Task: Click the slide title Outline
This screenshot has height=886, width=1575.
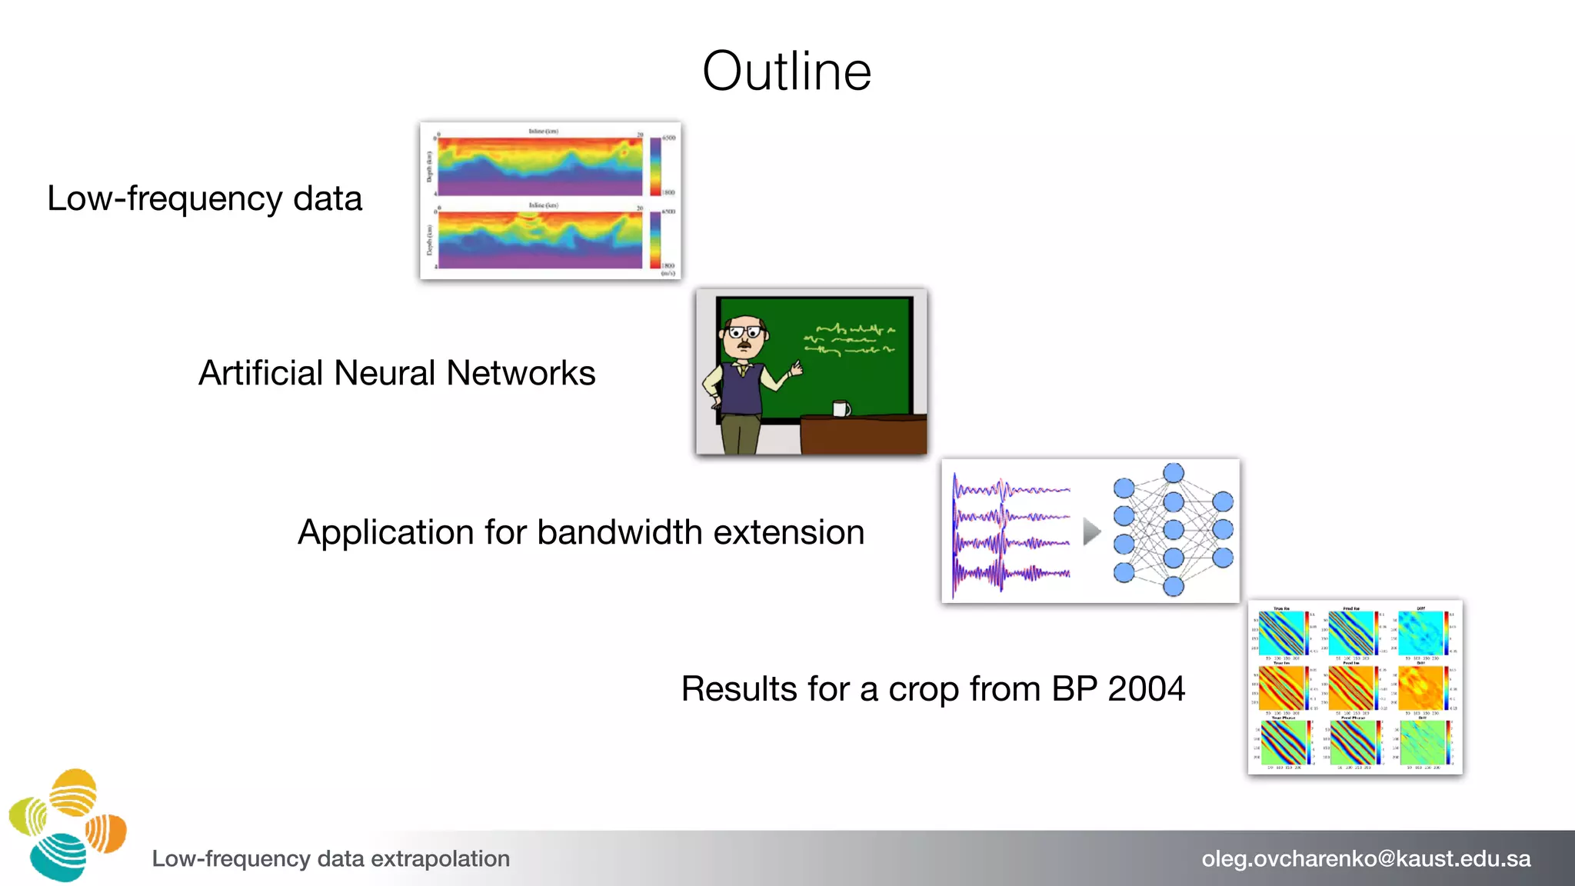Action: point(787,71)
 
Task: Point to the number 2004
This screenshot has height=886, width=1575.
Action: point(1146,688)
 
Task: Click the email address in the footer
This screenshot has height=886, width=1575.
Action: point(1366,858)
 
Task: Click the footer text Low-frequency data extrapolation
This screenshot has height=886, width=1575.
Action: point(331,858)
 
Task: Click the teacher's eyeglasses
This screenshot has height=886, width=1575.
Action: point(744,332)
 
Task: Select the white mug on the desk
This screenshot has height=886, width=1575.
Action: point(841,408)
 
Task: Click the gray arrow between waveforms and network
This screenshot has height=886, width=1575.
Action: point(1091,531)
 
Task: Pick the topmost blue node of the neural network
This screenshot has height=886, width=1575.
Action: point(1174,473)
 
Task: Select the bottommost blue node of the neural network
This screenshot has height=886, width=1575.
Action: point(1174,587)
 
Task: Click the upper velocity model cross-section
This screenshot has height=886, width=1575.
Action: point(540,166)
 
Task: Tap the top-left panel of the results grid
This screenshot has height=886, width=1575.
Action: point(1281,633)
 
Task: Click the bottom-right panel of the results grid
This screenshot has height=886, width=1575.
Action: point(1421,743)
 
